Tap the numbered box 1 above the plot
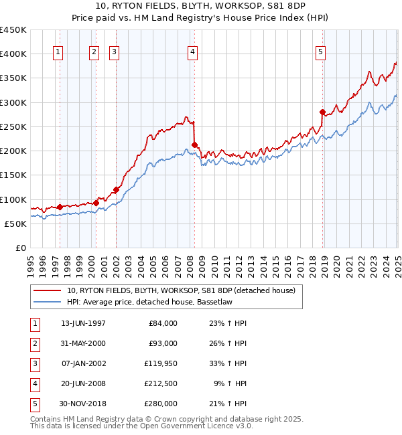click(59, 53)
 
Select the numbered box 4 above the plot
click(193, 53)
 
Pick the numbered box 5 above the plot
click(321, 53)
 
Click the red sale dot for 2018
click(322, 112)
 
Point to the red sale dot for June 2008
click(194, 145)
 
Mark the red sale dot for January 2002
click(116, 189)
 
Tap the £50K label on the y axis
click(16, 224)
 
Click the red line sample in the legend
click(47, 290)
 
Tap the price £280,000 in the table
click(161, 404)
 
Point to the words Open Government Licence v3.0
click(196, 426)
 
